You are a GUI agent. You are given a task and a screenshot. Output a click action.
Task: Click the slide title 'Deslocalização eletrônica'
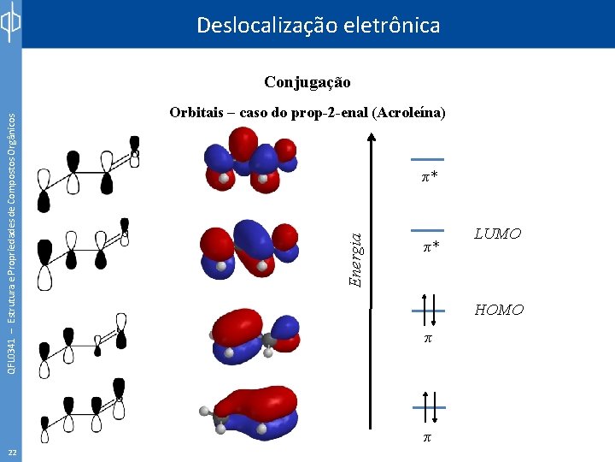318,26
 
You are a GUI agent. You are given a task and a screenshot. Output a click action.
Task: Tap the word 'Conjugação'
307,83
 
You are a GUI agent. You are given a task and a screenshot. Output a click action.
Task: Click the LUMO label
498,234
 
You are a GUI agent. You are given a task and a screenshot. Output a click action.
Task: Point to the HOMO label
499,310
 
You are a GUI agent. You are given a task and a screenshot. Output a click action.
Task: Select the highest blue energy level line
427,159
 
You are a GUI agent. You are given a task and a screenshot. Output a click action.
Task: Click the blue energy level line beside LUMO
427,230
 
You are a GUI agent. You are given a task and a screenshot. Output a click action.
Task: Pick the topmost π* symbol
429,177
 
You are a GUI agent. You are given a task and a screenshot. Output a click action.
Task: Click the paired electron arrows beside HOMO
428,310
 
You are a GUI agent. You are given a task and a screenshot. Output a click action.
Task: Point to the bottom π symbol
428,437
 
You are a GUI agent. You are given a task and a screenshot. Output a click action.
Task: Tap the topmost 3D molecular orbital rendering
249,163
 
